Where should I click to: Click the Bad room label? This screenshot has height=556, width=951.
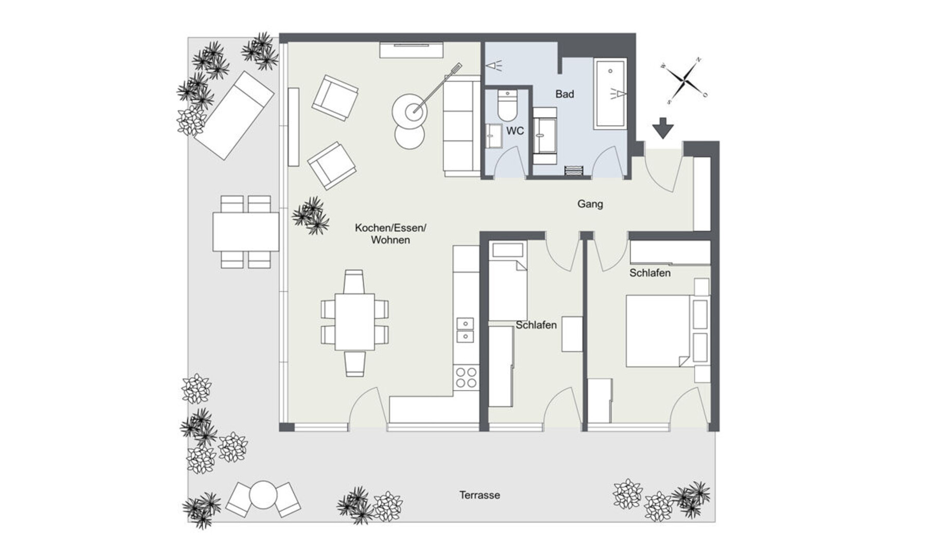[564, 94]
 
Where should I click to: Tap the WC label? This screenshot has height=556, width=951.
[515, 131]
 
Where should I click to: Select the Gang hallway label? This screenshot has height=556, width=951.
[590, 204]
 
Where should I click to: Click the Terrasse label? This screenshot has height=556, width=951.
[479, 495]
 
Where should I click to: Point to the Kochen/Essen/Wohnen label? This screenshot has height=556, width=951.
[390, 234]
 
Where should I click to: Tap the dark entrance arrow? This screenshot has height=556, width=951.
[663, 128]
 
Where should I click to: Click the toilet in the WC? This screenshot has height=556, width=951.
[507, 106]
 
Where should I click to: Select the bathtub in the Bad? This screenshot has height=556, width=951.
[610, 94]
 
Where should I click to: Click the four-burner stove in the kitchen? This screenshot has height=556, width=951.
[466, 377]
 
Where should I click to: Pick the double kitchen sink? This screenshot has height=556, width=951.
[465, 330]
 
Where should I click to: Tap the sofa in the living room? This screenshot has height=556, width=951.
[462, 126]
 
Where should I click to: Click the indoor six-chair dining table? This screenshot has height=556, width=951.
[354, 323]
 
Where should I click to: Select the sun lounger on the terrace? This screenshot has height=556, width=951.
[233, 115]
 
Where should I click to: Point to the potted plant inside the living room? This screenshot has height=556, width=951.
[311, 215]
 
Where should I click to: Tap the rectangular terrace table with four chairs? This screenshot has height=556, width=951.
[246, 232]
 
